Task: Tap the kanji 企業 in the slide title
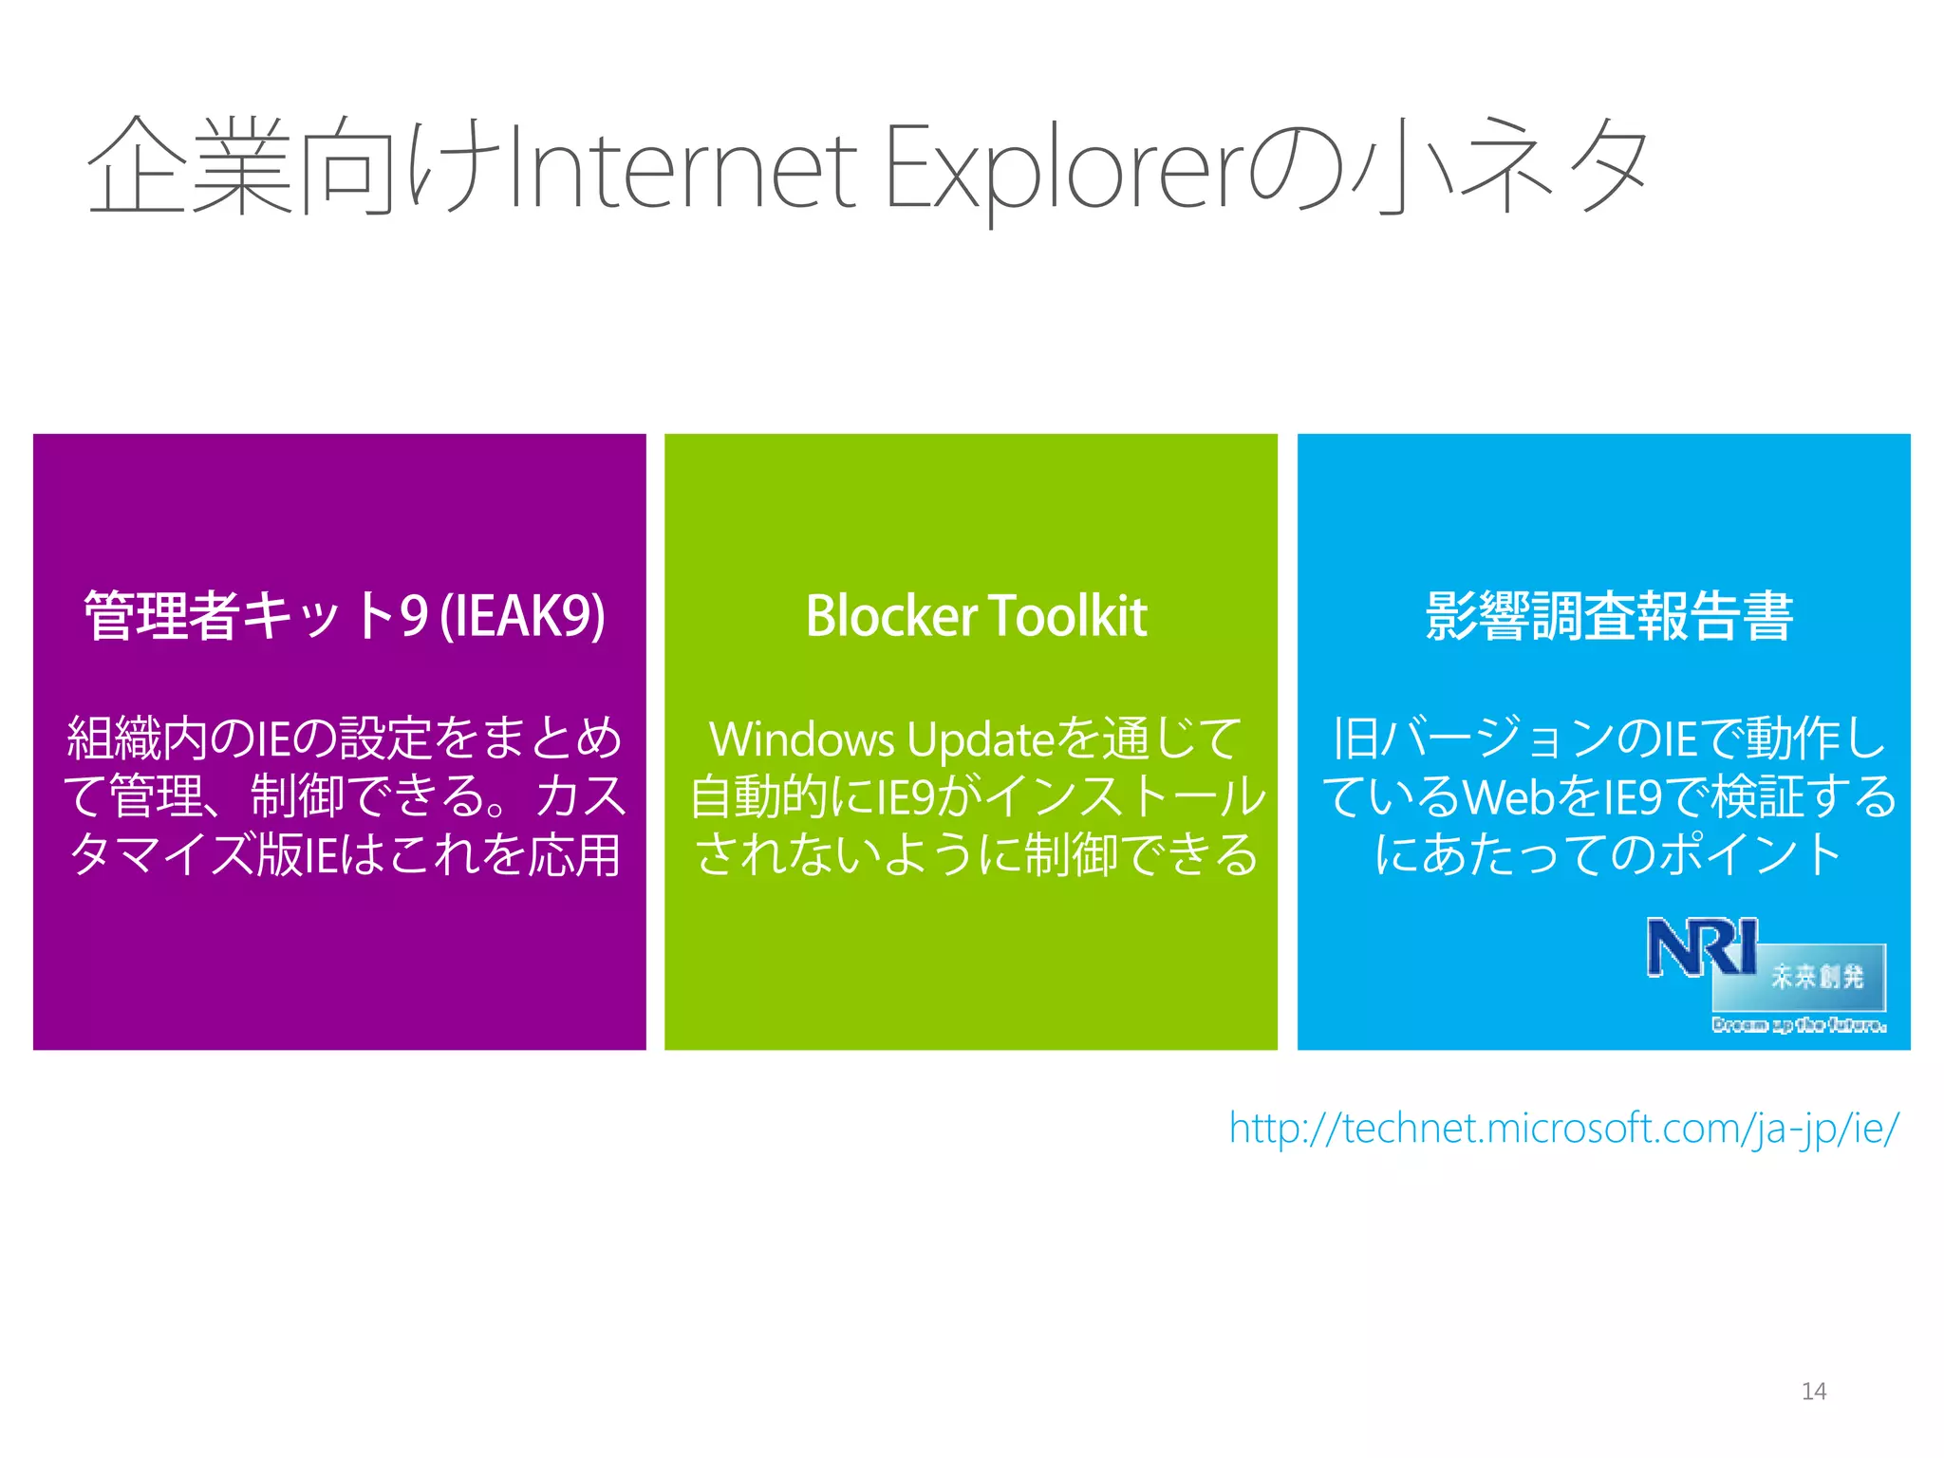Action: [x=190, y=168]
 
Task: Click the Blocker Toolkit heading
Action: [x=976, y=616]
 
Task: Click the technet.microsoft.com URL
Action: [x=1563, y=1129]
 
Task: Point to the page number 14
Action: [x=1813, y=1392]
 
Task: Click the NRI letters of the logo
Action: [x=1702, y=946]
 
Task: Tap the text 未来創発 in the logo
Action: [x=1818, y=977]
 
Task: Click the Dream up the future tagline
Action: [x=1799, y=1025]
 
